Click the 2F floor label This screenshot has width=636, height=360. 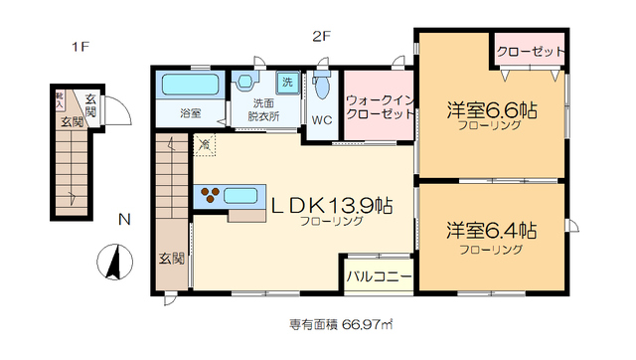tap(320, 39)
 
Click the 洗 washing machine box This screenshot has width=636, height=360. tap(286, 80)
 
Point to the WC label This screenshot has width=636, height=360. tap(322, 120)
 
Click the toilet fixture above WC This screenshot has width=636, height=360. tap(321, 88)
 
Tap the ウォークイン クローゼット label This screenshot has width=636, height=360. tap(379, 106)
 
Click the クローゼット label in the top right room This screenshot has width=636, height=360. tap(531, 51)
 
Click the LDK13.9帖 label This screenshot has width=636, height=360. tap(332, 206)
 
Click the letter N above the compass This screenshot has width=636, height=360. tap(121, 219)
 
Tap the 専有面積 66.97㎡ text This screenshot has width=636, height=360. tap(341, 325)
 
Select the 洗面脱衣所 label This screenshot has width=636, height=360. tap(264, 109)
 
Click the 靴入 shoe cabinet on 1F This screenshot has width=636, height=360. tap(60, 99)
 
